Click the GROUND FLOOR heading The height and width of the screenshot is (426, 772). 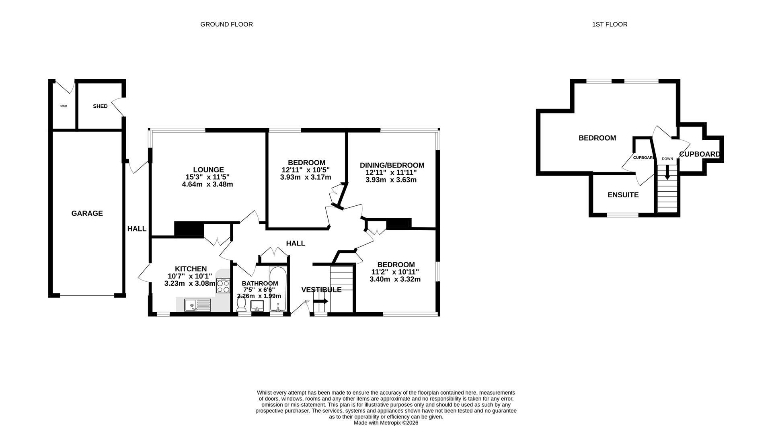pos(226,24)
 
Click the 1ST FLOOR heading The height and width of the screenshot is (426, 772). pos(610,24)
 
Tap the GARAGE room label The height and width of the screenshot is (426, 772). pos(87,213)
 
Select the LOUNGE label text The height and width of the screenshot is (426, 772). pos(208,170)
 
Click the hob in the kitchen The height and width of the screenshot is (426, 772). pos(223,285)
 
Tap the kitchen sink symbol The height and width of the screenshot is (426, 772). pos(197,305)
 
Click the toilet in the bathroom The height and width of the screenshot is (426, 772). pos(242,307)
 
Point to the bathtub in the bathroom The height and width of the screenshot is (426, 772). pos(277,289)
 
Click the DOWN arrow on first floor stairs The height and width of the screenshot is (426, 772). pos(667,173)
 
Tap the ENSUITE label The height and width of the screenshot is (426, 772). pos(623,195)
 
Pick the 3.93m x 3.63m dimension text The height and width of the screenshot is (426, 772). pos(391,180)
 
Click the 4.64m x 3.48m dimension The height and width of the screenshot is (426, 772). pos(207,184)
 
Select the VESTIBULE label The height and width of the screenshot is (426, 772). pos(321,290)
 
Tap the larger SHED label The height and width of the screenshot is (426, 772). pos(100,106)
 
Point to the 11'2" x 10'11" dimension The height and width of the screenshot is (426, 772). pos(395,272)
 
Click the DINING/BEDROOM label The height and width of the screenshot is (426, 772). pos(392,165)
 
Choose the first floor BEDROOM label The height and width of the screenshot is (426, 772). pos(597,138)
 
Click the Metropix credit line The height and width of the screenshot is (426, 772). pos(386,423)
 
